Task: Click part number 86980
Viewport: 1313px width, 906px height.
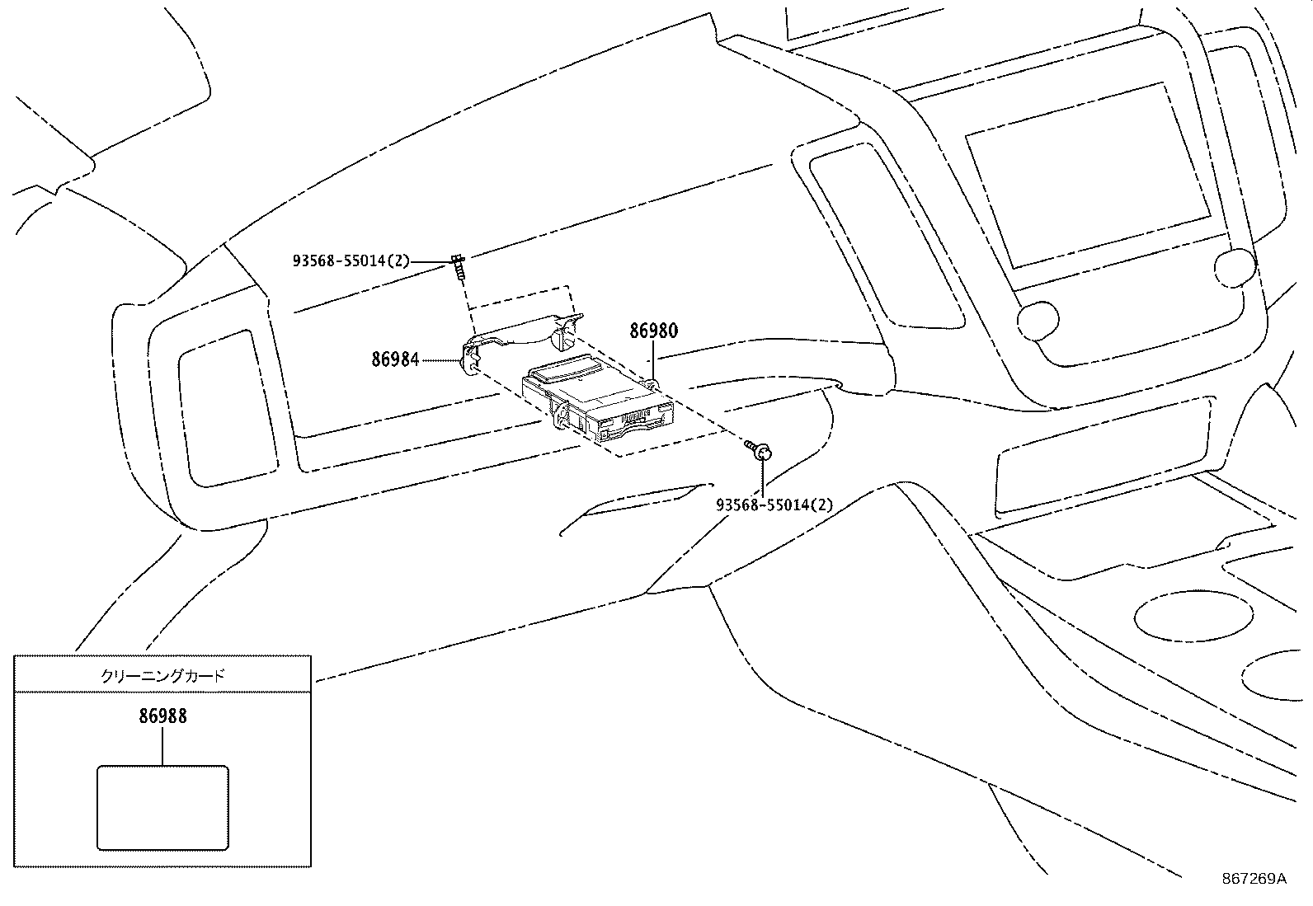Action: click(653, 331)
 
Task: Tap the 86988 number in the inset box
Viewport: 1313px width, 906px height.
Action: click(162, 716)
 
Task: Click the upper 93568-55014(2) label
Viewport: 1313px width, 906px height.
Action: click(351, 261)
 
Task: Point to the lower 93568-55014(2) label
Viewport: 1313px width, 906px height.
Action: click(774, 505)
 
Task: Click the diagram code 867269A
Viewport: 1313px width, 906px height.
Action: click(1254, 879)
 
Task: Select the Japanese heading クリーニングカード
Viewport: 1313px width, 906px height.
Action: click(162, 676)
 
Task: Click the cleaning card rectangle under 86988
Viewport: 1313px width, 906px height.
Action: click(162, 808)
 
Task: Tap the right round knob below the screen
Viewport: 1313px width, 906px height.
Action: click(1234, 268)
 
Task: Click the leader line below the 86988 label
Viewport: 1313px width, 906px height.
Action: click(162, 746)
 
